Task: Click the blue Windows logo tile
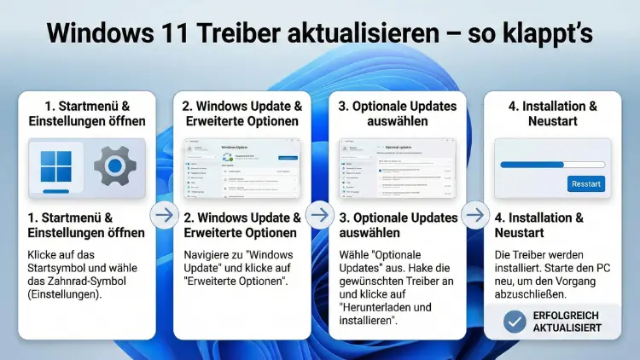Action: [x=55, y=167]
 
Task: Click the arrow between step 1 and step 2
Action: [x=163, y=215]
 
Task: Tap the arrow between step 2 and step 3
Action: [x=319, y=215]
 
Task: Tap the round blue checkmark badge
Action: [x=515, y=321]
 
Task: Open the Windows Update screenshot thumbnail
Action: [x=241, y=167]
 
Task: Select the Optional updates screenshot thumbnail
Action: [x=398, y=167]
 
